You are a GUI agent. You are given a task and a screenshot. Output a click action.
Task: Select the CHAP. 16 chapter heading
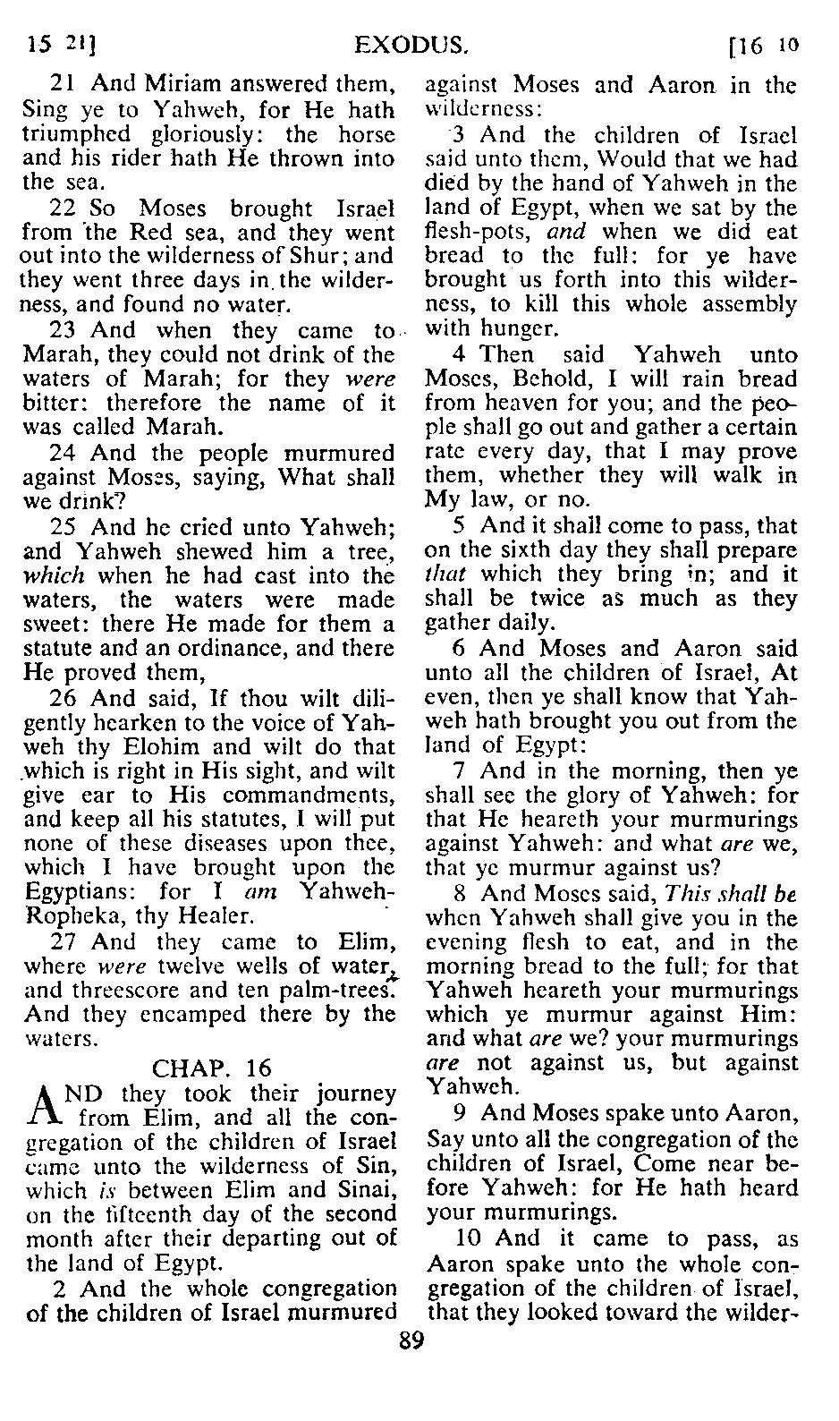coord(212,1068)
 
